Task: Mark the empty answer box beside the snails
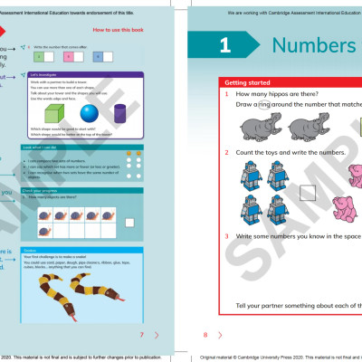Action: click(x=130, y=220)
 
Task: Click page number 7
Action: click(x=142, y=334)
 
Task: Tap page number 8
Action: click(x=205, y=334)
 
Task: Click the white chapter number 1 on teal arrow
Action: click(x=224, y=44)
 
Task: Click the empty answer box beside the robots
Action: click(x=308, y=191)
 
